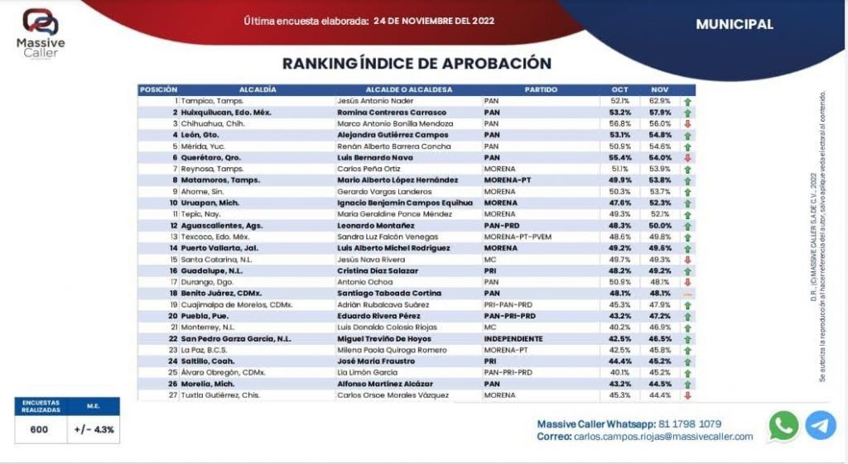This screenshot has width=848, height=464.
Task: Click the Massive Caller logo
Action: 41,31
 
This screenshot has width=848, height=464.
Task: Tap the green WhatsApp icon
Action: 783,426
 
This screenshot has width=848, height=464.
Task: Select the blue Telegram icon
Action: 821,425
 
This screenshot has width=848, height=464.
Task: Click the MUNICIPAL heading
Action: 735,24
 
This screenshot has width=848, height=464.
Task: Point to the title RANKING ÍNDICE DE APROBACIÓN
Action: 417,64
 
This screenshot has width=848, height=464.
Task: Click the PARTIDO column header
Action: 541,89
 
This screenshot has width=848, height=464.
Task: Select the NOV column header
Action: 660,89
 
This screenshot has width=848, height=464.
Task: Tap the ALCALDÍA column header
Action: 257,89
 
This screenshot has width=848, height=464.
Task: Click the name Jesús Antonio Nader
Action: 373,100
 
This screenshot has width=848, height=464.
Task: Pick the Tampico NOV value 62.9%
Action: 660,100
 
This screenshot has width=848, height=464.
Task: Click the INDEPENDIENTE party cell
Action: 513,338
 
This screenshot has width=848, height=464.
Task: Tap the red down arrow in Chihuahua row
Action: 687,123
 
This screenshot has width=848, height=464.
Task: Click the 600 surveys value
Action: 39,429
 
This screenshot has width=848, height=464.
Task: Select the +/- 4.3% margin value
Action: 94,429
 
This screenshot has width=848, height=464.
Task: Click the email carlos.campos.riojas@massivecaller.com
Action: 662,437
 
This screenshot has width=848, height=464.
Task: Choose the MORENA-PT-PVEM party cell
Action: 517,236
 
